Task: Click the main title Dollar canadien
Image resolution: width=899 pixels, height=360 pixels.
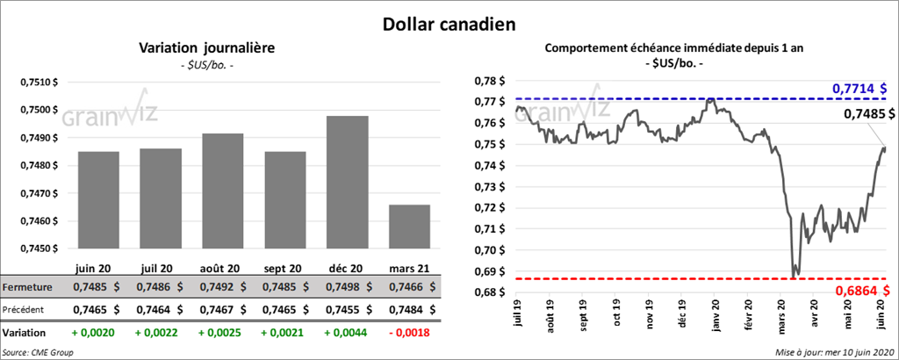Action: (449, 23)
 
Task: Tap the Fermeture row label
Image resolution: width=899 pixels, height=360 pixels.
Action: (27, 286)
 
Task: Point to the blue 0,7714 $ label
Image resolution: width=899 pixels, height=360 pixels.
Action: (859, 89)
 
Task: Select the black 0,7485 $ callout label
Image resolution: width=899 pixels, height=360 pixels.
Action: (869, 114)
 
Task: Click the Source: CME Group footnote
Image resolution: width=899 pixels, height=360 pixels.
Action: (38, 352)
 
